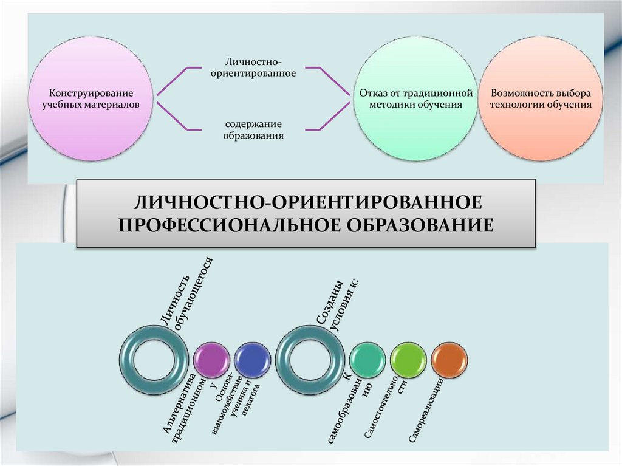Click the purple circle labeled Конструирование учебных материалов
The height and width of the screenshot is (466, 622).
pyautogui.click(x=90, y=98)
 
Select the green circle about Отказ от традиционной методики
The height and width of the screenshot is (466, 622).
pyautogui.click(x=415, y=98)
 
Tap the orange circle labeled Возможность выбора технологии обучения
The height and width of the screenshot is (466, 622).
pyautogui.click(x=541, y=98)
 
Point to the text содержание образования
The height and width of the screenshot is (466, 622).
pyautogui.click(x=253, y=130)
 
